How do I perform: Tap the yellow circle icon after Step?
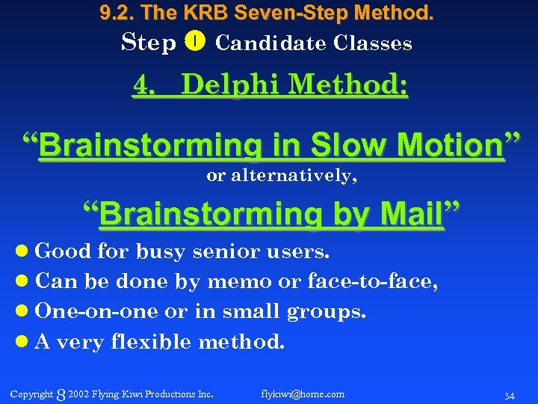point(194,42)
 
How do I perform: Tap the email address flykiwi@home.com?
point(303,394)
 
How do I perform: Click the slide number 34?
point(510,395)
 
